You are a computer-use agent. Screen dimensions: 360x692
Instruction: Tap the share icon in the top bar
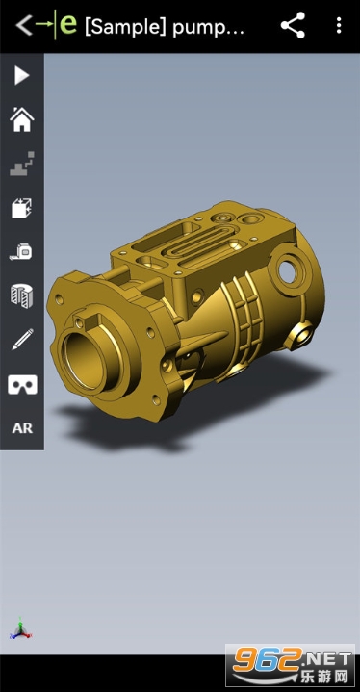click(x=293, y=25)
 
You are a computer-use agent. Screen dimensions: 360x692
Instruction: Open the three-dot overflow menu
click(x=339, y=25)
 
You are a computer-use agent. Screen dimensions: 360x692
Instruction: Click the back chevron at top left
click(x=24, y=25)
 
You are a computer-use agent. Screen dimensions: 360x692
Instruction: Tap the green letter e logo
click(x=68, y=24)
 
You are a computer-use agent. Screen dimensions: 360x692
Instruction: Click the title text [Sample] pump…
click(x=164, y=27)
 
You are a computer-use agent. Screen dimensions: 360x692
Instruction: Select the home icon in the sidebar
click(x=22, y=119)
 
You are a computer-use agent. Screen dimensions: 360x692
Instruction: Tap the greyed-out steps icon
click(x=22, y=164)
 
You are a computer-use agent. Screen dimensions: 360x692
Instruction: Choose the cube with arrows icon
click(x=22, y=208)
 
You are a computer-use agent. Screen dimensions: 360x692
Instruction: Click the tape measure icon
click(x=21, y=251)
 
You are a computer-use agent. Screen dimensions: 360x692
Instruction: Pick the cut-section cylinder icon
click(x=22, y=295)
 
